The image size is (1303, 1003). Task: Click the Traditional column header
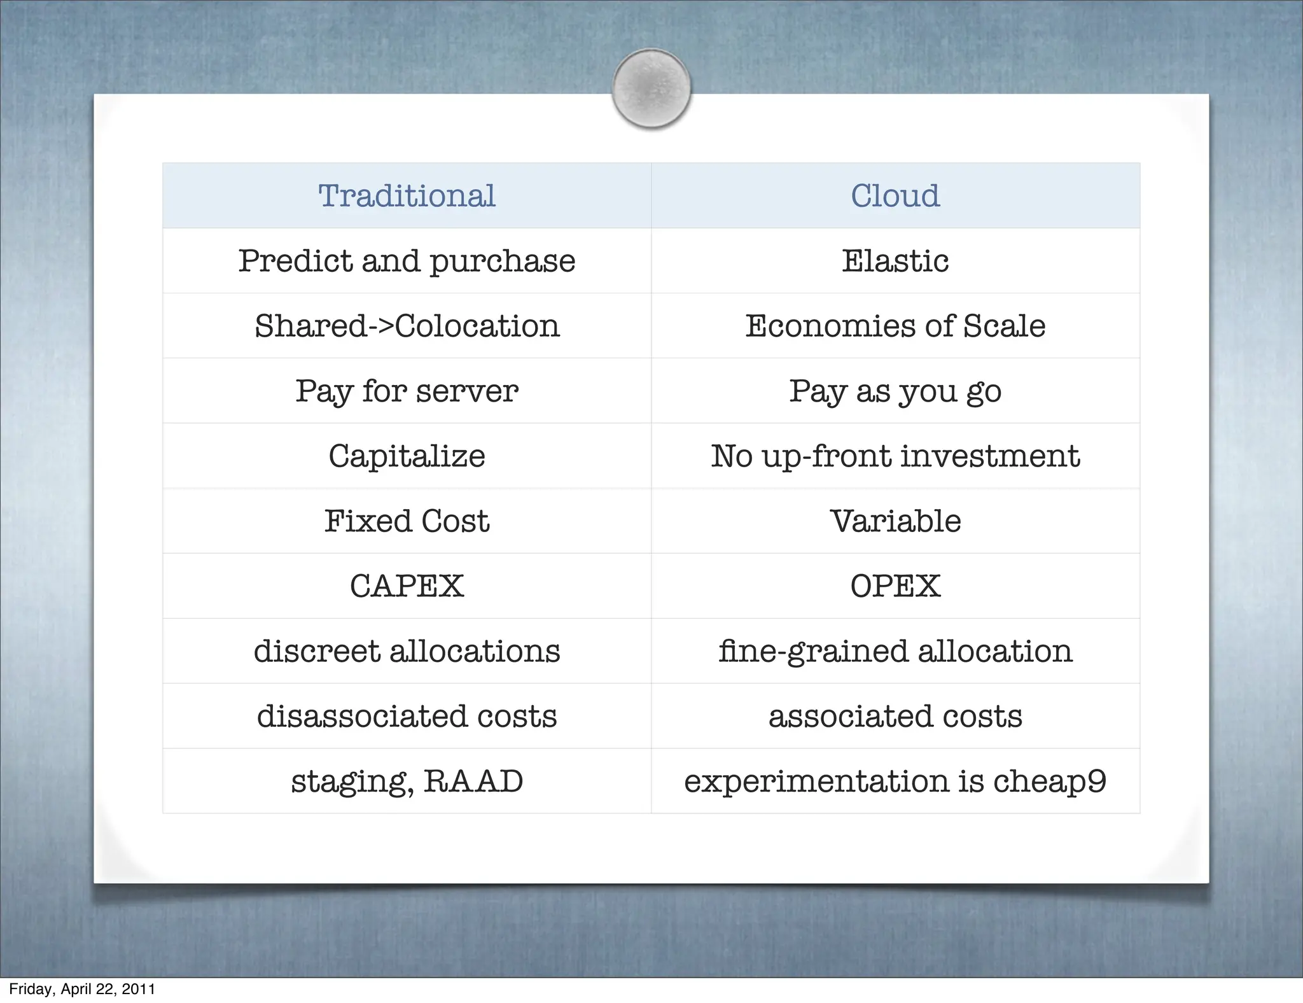(407, 195)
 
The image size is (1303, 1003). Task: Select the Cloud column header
(895, 195)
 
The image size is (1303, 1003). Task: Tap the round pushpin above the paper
(651, 88)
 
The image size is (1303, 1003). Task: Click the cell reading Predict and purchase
(407, 261)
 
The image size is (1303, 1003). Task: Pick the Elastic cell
(895, 261)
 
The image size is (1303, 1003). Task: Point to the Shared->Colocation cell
(407, 326)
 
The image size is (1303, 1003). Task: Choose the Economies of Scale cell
(895, 326)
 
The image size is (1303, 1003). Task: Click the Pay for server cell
(407, 391)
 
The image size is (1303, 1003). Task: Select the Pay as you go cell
(895, 391)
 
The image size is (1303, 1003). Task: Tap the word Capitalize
(407, 456)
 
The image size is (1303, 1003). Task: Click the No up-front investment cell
(895, 456)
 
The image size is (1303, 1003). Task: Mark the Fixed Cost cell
(407, 521)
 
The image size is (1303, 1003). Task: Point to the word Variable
(895, 521)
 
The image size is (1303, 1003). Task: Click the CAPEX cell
(407, 586)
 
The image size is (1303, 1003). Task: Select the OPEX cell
(895, 586)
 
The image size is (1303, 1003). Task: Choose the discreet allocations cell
(407, 651)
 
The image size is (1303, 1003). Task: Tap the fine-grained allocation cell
(895, 651)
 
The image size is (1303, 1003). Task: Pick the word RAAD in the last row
(473, 782)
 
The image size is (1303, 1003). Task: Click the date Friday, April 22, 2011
(82, 989)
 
